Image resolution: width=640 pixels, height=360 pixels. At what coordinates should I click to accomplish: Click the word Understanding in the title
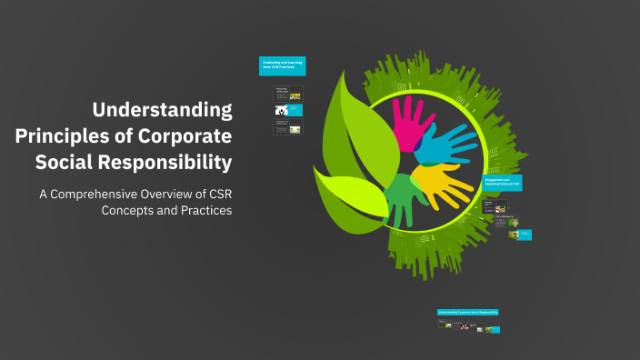pos(163,111)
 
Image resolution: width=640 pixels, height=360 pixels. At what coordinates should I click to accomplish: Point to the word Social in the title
pos(66,163)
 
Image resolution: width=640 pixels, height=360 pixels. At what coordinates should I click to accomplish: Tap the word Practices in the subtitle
pos(203,210)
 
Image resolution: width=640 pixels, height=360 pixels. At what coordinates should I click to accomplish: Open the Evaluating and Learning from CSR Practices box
pos(282,65)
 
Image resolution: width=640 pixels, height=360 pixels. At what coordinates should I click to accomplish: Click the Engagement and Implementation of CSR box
pos(502,183)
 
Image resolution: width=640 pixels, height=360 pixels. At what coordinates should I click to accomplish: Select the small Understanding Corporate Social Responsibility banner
pos(467,312)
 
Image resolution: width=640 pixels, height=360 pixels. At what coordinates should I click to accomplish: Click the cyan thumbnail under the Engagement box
pos(525,235)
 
